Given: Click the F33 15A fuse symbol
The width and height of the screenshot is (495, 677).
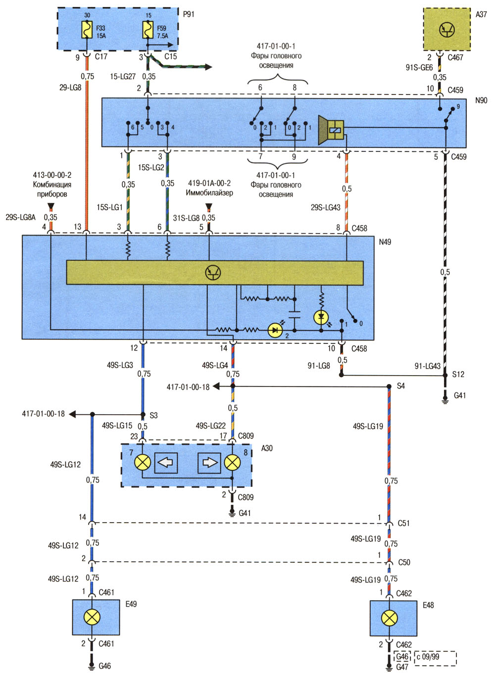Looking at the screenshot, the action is point(87,30).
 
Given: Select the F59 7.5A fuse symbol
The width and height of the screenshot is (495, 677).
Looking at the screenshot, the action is point(148,30).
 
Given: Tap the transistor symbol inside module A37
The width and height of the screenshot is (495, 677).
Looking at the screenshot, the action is point(446,30).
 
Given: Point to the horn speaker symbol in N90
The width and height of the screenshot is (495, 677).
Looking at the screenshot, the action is point(331,130).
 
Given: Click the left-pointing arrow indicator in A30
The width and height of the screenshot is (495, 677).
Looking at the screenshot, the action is point(166,462).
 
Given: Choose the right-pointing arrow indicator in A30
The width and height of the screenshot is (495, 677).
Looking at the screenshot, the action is point(209,462).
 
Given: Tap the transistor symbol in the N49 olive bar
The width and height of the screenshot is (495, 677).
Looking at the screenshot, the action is point(213,273).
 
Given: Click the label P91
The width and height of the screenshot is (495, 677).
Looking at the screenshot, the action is point(189,14).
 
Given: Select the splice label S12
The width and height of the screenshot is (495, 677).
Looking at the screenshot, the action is point(458,374).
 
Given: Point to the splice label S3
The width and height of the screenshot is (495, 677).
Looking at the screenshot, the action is point(153,415).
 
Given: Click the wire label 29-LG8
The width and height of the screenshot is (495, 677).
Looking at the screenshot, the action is point(70,88).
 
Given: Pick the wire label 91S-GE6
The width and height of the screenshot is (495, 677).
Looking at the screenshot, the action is point(419,68).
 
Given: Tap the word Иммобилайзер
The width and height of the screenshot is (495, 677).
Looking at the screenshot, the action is point(209,193).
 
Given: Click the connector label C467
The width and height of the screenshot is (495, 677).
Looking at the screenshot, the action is point(455,57).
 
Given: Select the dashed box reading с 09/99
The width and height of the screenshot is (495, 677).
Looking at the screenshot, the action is point(436,657).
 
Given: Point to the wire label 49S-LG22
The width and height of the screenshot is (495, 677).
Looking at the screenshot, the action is point(211,426).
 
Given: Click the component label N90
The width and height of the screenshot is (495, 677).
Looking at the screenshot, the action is point(481,100).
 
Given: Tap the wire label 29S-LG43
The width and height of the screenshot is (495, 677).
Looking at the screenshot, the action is point(325,207).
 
